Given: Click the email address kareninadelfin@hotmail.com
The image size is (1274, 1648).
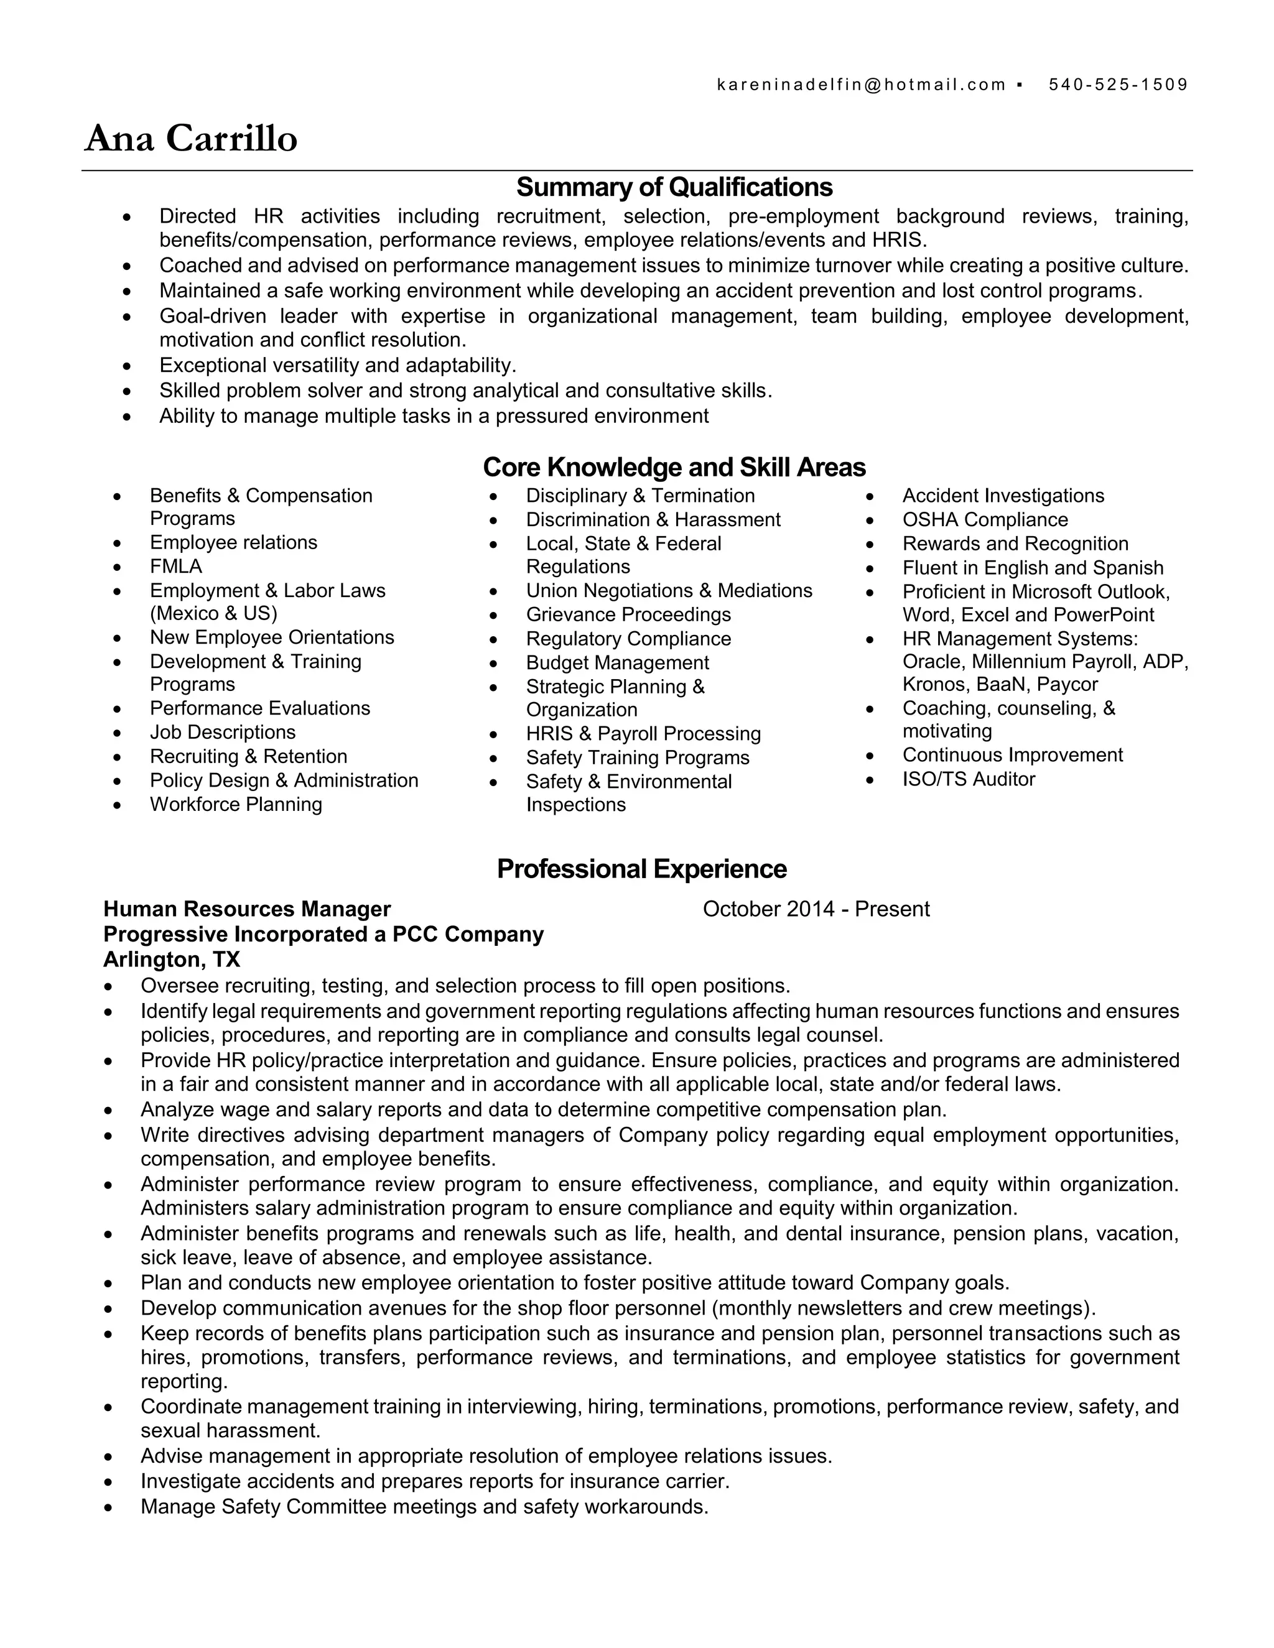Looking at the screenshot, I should [860, 85].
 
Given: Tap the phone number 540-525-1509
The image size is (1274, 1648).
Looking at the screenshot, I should [1118, 85].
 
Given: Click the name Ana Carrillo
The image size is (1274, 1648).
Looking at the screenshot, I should [191, 139].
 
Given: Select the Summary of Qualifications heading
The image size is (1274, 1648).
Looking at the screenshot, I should [674, 187].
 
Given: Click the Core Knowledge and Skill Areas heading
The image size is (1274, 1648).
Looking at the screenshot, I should [674, 467].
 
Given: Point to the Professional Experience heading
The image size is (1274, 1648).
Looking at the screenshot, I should [641, 869].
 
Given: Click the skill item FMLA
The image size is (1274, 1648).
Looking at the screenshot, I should [176, 567].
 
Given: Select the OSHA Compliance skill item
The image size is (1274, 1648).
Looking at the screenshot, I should [985, 520].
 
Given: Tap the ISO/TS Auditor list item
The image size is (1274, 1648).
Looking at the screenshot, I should [969, 779].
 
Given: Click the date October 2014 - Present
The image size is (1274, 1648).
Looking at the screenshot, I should [816, 909].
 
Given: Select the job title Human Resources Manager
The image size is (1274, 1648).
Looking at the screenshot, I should [247, 909].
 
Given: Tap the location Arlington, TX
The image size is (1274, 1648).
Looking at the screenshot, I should [171, 960].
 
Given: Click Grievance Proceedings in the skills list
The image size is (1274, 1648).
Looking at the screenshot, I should [628, 615].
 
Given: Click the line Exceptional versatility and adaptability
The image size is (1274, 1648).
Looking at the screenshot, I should [337, 365].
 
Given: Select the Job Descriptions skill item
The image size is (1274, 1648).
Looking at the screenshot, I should [223, 733].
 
